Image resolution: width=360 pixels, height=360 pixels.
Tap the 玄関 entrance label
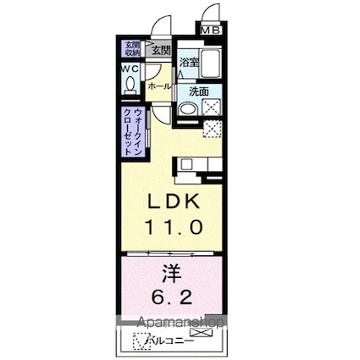pos(160,50)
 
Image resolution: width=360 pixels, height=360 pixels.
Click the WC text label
pos(130,69)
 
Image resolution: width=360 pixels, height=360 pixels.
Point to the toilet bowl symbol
pos(130,85)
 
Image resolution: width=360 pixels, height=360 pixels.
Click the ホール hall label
pos(159,86)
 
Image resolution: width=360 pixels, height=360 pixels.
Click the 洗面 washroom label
pos(198,91)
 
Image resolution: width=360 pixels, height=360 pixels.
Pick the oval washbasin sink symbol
pos(188,109)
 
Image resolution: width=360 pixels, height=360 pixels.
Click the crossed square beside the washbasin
pos(211,107)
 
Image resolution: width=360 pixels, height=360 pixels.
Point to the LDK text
pos(176,204)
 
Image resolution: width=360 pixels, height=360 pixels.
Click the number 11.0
pos(176,226)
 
